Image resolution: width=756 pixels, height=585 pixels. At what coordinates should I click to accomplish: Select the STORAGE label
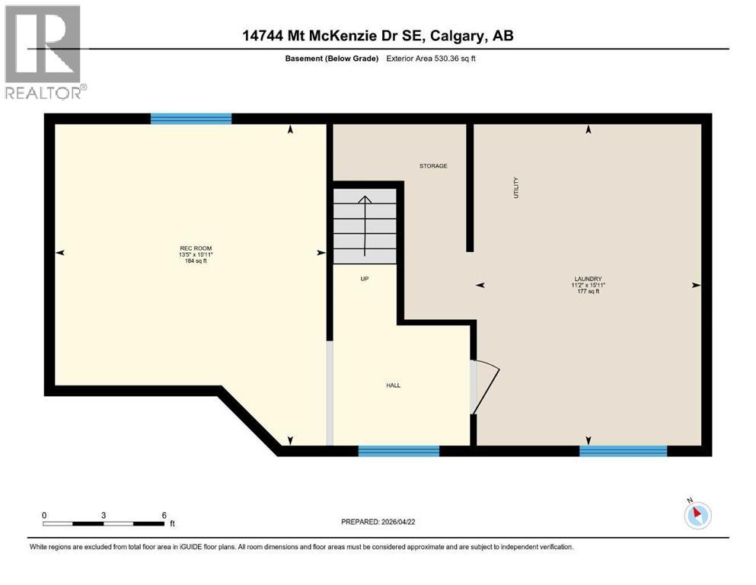point(433,166)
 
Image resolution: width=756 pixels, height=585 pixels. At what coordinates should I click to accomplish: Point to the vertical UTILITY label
point(516,187)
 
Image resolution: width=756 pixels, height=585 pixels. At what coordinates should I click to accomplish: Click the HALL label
point(393,385)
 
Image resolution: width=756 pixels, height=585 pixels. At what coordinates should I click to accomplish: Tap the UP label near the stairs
point(364,279)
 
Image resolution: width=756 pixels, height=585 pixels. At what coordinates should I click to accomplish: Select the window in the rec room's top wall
point(191,118)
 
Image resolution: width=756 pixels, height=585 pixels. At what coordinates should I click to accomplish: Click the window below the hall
point(399,451)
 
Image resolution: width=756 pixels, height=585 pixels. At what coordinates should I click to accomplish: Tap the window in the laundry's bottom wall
point(623,451)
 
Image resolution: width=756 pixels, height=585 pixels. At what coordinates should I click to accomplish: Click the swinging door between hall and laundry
point(484,386)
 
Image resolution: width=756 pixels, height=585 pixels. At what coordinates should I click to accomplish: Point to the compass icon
point(697,515)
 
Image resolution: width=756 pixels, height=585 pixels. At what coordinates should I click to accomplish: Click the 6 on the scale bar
point(164,515)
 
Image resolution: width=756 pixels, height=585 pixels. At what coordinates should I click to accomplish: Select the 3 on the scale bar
point(103,515)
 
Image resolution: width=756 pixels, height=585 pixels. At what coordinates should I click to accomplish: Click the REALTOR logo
point(43,52)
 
